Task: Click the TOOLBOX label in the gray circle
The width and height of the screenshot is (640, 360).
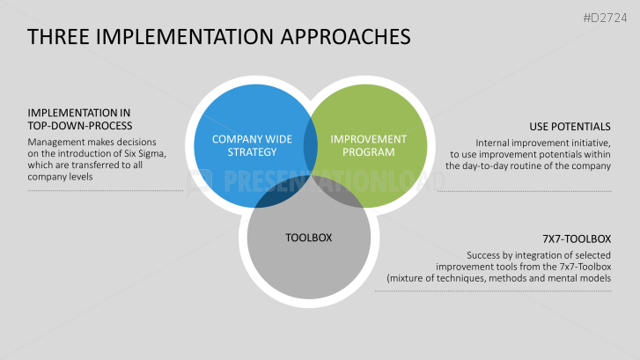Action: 308,238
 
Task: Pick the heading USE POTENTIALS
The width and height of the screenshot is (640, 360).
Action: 570,125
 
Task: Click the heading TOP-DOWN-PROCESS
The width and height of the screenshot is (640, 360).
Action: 80,125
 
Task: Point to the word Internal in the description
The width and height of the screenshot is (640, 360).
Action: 496,142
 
